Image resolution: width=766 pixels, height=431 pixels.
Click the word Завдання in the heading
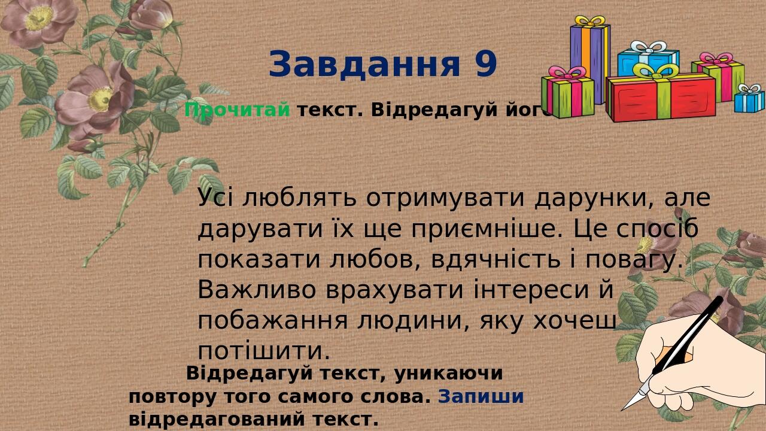(364, 64)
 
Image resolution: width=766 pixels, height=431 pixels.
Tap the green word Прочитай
(237, 110)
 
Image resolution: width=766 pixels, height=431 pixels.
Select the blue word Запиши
(481, 396)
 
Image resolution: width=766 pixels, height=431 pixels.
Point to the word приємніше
(487, 229)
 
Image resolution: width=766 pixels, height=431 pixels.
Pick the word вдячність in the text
(496, 260)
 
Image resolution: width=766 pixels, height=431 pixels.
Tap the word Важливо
(257, 290)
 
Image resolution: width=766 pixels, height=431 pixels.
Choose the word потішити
(263, 351)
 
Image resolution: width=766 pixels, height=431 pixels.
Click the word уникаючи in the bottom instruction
(448, 374)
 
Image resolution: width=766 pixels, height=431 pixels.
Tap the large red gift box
(661, 97)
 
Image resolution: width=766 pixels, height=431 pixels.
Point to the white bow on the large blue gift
(648, 47)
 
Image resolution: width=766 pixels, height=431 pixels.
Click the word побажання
(272, 321)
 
